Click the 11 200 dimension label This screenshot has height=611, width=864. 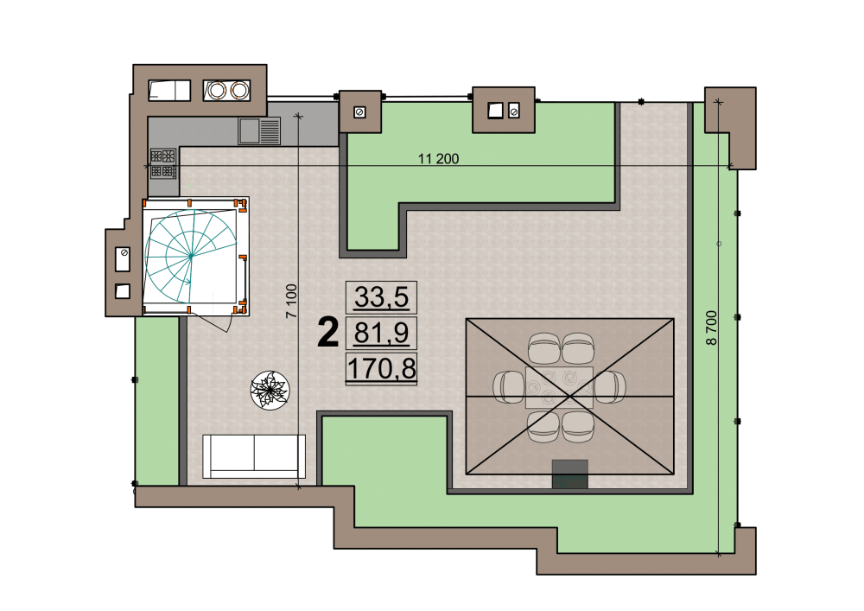tap(438, 159)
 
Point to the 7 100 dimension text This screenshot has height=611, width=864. tap(291, 301)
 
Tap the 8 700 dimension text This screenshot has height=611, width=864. tap(712, 328)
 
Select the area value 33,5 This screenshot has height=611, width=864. tap(381, 297)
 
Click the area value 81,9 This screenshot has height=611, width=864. tap(381, 333)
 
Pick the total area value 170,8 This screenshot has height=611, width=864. tap(381, 368)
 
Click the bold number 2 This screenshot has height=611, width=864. tap(327, 334)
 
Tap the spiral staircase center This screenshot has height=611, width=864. tap(191, 256)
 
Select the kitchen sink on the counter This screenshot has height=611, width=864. tap(259, 131)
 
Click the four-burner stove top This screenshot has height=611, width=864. tap(163, 163)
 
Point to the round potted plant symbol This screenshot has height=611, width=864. tap(270, 390)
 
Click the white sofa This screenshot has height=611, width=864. tap(254, 456)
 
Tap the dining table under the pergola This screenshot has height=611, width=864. tap(559, 387)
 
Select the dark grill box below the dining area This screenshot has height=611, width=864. tap(569, 474)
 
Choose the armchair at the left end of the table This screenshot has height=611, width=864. tap(509, 387)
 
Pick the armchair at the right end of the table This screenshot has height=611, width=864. tap(609, 387)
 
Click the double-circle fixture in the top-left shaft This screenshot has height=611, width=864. tap(226, 91)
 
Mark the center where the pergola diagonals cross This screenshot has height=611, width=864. tap(570, 396)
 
